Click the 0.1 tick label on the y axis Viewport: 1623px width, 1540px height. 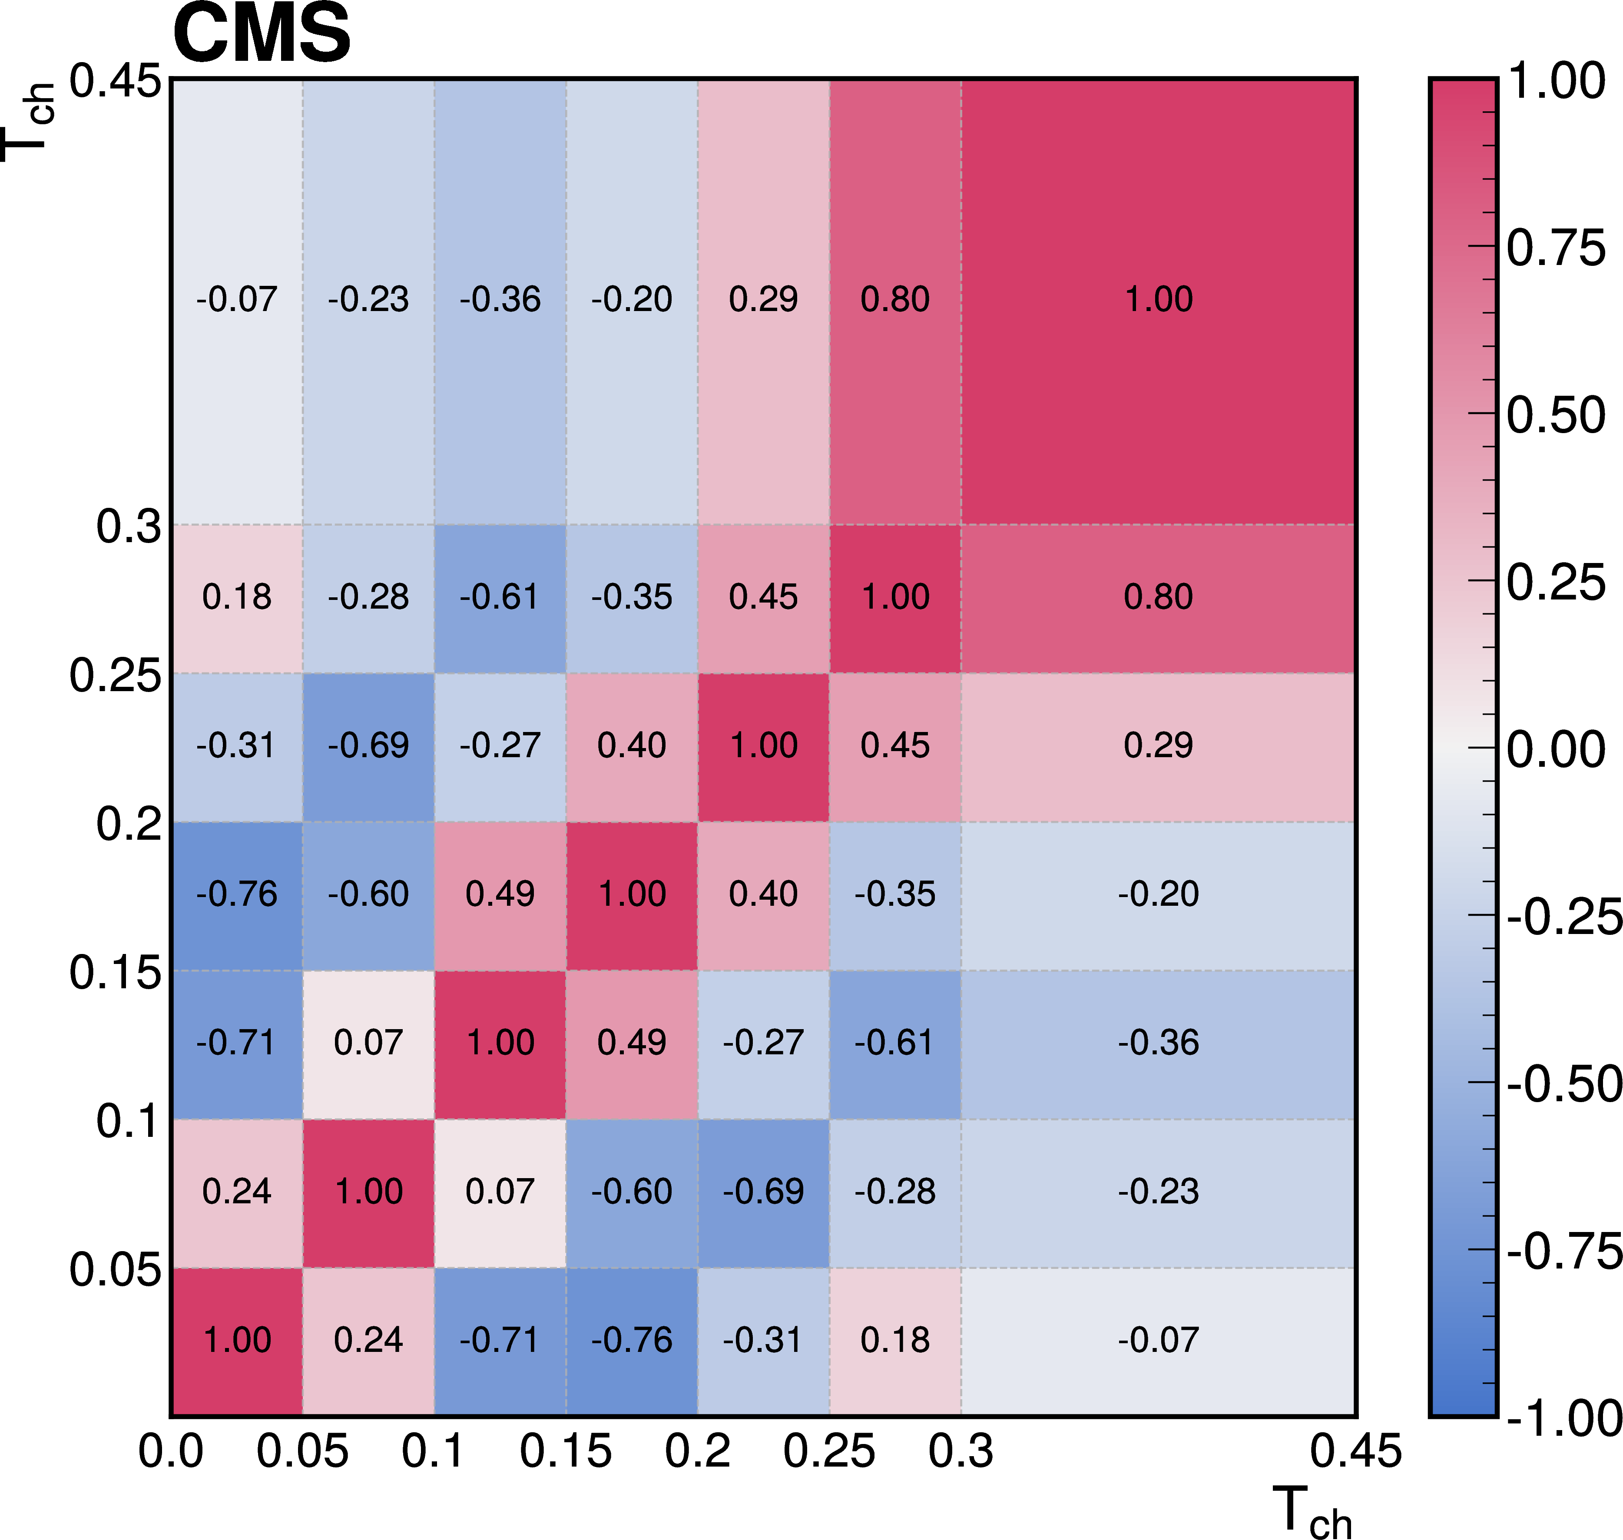click(x=127, y=1120)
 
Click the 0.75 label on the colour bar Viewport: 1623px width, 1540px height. click(x=1556, y=248)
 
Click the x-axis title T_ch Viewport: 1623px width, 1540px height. click(x=1311, y=1510)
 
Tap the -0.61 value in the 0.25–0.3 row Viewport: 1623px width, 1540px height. click(x=500, y=597)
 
